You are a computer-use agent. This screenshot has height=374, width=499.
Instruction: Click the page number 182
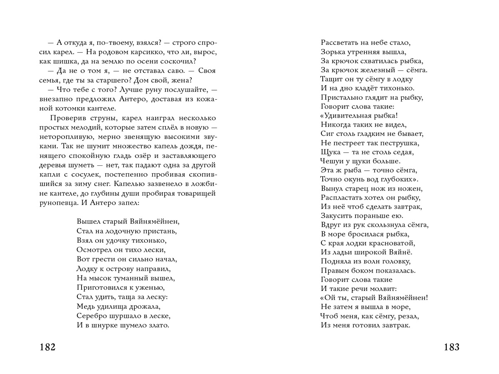click(x=48, y=347)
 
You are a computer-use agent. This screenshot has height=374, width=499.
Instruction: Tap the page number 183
click(x=451, y=347)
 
